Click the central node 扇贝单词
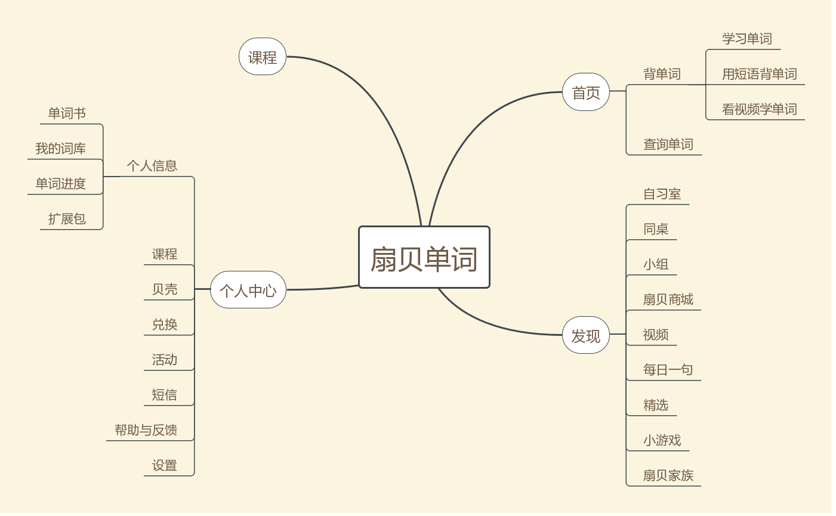tap(424, 258)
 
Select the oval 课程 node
tap(263, 57)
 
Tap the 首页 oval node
tap(586, 92)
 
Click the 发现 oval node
tap(586, 336)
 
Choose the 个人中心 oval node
tap(248, 291)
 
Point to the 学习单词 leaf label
tap(747, 39)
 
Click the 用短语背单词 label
tap(759, 74)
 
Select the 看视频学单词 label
tap(759, 109)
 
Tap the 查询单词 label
tap(668, 144)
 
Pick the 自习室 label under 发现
tap(662, 194)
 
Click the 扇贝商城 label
tap(668, 299)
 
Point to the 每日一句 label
tap(668, 370)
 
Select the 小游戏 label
tap(662, 440)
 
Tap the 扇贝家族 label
tap(668, 475)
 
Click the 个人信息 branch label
tap(152, 166)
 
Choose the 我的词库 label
tap(60, 149)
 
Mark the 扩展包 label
tap(67, 219)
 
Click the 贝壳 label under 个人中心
tap(165, 289)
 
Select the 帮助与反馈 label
tap(146, 430)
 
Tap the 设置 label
tap(165, 465)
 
